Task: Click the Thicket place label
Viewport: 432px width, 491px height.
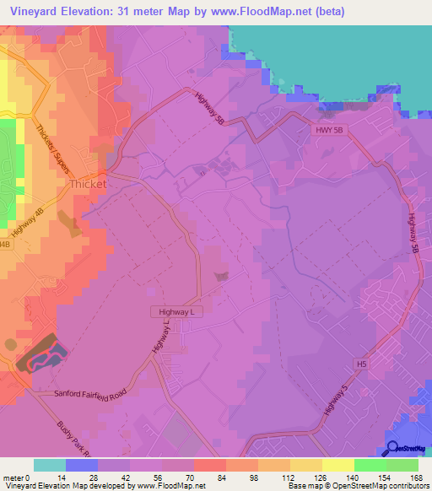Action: (88, 183)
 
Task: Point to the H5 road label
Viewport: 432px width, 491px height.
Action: (361, 364)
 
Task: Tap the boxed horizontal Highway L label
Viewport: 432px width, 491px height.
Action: (178, 312)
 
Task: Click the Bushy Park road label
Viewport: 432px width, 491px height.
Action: (84, 440)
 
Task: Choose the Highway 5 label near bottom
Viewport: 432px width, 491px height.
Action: (334, 403)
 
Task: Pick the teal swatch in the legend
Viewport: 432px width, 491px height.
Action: (49, 465)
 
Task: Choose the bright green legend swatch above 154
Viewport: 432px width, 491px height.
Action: (370, 465)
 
